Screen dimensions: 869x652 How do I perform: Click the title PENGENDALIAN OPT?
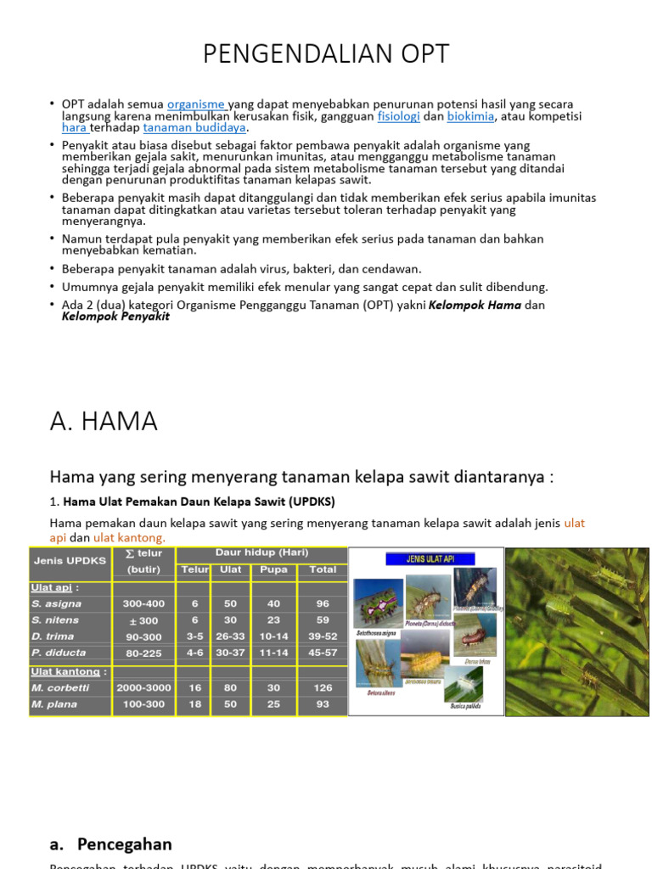click(326, 54)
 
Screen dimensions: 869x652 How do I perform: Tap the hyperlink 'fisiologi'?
click(398, 116)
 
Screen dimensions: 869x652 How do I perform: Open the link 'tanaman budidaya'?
click(194, 128)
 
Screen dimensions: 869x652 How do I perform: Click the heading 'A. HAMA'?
click(104, 422)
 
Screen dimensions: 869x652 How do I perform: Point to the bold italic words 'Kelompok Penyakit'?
click(115, 317)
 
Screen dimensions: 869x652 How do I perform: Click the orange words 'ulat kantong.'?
click(129, 537)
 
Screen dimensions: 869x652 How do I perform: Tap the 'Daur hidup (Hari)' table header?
click(261, 552)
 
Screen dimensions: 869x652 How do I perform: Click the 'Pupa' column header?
click(273, 569)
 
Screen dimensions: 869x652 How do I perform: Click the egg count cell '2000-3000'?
click(143, 687)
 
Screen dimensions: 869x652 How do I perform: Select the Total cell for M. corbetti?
click(323, 687)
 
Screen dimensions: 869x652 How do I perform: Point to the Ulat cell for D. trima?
click(229, 636)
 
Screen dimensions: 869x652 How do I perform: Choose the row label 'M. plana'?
click(54, 704)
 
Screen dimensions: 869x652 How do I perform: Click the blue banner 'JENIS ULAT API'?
click(430, 559)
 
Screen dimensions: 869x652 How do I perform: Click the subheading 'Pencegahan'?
click(124, 844)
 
